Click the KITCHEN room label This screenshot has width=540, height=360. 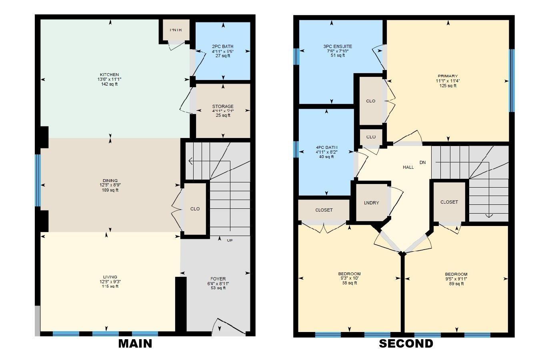(x=109, y=75)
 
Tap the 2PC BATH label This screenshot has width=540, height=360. (x=223, y=46)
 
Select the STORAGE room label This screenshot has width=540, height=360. (x=223, y=106)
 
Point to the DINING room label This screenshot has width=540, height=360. (x=109, y=181)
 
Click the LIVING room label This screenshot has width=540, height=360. (x=110, y=277)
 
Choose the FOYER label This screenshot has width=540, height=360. (x=218, y=279)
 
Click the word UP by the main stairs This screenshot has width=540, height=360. (x=230, y=240)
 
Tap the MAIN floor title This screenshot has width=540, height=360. (x=135, y=344)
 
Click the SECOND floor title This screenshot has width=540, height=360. (x=406, y=344)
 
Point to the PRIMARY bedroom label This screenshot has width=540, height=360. (x=448, y=76)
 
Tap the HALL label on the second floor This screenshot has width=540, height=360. (x=408, y=167)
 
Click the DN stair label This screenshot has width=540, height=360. (x=422, y=162)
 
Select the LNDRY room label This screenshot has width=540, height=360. (x=371, y=203)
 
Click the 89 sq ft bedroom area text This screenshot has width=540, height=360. (x=456, y=284)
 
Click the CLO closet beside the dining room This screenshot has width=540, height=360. (x=195, y=209)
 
